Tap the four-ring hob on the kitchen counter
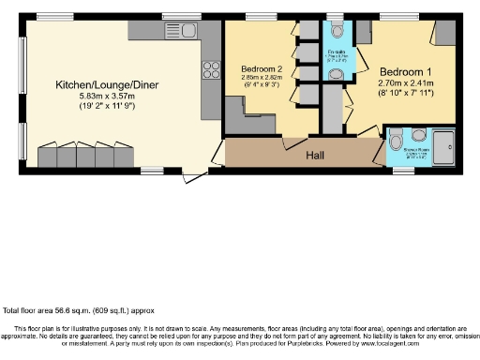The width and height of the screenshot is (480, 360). click(211, 68)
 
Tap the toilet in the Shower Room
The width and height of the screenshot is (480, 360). click(418, 133)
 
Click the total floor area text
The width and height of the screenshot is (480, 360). click(79, 310)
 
